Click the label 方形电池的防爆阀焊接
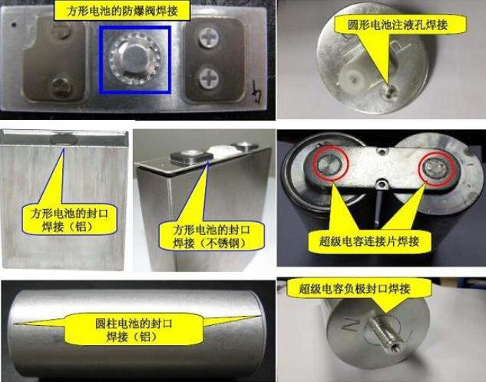tap(122, 12)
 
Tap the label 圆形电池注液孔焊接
tap(398, 25)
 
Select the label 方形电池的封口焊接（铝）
tap(69, 220)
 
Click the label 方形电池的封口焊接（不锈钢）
tap(211, 237)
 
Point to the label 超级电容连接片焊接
tap(369, 241)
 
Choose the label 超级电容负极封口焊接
tap(355, 289)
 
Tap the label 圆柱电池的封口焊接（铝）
tap(134, 330)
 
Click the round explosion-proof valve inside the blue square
tap(135, 59)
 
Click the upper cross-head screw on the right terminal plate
tap(209, 38)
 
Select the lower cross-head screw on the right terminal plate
tap(209, 78)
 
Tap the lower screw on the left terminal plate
tap(61, 88)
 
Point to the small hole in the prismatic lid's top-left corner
tap(13, 24)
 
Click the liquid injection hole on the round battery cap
tap(389, 92)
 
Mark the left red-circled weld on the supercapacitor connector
tap(330, 163)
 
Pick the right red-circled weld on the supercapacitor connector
tap(437, 168)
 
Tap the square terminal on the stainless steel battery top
tap(189, 156)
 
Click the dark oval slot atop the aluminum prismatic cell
tap(64, 138)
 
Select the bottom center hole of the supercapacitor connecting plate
tap(380, 185)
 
